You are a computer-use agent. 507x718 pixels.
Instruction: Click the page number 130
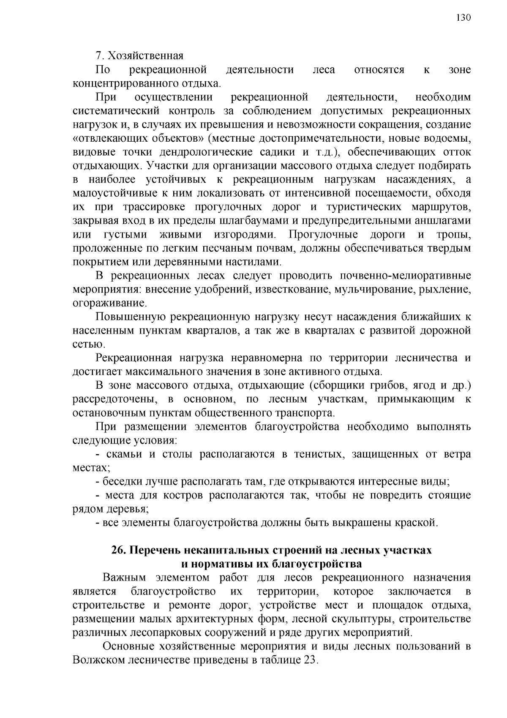[x=463, y=17]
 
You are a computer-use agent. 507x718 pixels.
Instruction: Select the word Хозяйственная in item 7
[x=145, y=56]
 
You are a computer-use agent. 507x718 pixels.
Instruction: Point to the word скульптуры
[x=360, y=619]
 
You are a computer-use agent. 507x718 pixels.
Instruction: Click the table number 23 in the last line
[x=309, y=660]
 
